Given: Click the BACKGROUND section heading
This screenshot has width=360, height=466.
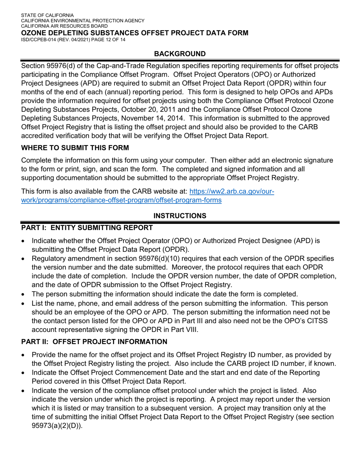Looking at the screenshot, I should pos(180,54).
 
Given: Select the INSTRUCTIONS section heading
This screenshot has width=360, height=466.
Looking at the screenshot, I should pos(180,216).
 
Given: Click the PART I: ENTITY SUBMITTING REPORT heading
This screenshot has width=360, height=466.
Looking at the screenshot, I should pos(87,227).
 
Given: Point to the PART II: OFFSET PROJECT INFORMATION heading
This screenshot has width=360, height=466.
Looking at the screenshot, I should pos(94,342).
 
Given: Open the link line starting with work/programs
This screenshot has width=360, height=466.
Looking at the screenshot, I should pos(121,200).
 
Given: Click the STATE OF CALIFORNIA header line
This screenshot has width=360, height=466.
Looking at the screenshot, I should pos(47,15).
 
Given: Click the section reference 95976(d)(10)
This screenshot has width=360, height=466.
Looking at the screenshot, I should pos(164,258).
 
